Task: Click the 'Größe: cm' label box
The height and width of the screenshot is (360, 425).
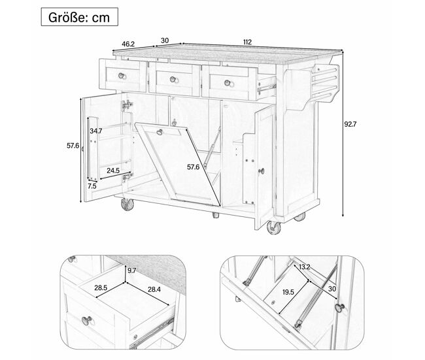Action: click(x=79, y=17)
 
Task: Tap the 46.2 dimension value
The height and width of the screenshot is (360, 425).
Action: click(x=128, y=44)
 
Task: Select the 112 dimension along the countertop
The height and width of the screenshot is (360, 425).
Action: click(x=247, y=42)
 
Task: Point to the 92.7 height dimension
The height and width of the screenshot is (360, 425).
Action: click(x=350, y=124)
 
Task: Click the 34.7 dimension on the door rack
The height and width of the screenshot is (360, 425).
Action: click(x=96, y=131)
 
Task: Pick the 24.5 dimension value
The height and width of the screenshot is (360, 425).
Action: click(x=113, y=171)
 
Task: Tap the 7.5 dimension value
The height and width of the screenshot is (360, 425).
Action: click(x=92, y=186)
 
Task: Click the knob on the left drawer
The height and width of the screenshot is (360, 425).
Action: click(x=122, y=76)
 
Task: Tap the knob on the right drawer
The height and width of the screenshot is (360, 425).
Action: click(x=228, y=83)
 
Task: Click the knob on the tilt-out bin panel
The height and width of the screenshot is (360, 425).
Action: click(x=160, y=132)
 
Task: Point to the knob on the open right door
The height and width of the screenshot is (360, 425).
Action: click(x=262, y=171)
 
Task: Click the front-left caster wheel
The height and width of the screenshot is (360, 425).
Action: click(x=127, y=205)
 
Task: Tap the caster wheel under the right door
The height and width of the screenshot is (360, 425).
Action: click(x=273, y=227)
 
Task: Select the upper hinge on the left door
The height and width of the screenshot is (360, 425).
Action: click(x=127, y=105)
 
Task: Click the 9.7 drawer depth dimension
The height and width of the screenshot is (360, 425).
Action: click(x=131, y=270)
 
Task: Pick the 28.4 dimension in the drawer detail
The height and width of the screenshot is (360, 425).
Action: click(x=154, y=289)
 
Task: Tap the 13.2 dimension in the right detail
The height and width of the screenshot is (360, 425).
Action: click(x=305, y=267)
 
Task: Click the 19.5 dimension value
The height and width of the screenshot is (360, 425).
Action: click(x=288, y=292)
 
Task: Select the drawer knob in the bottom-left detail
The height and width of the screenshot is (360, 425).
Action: click(x=87, y=320)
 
